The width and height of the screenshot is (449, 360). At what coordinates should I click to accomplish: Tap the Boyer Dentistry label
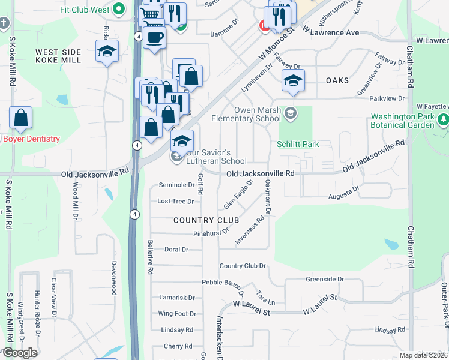31,139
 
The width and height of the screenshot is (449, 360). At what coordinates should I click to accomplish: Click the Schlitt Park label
298,144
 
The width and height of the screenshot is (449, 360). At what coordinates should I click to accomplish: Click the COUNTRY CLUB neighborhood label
206,220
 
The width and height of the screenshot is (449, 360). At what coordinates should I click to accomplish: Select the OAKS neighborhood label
337,80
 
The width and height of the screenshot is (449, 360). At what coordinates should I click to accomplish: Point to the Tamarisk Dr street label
176,297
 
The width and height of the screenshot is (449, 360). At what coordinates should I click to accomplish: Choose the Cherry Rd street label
178,346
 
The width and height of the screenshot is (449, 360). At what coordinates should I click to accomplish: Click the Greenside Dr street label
324,279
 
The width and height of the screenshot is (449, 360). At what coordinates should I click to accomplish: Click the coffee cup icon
154,37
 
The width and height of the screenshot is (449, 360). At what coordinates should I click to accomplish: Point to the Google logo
20,353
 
